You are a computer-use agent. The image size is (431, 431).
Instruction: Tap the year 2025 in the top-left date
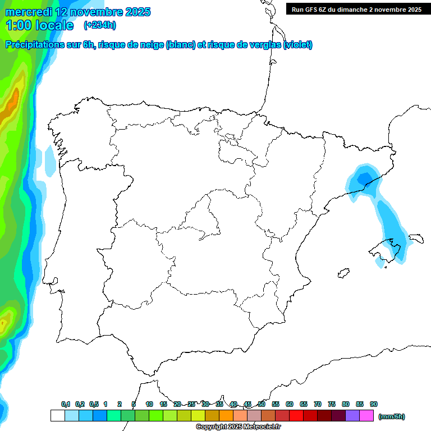click(135, 12)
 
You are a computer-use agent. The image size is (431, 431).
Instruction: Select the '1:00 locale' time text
click(39, 25)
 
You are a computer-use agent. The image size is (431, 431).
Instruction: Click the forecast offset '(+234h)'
click(100, 25)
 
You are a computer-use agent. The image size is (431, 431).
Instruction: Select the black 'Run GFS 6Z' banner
click(356, 10)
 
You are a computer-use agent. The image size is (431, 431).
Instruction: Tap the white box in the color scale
click(57, 416)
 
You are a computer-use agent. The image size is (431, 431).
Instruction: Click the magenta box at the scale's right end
click(366, 416)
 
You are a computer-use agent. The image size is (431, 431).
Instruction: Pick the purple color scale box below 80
click(352, 416)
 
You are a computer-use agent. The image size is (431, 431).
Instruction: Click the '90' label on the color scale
click(374, 404)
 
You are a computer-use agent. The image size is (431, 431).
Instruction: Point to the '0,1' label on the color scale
click(66, 404)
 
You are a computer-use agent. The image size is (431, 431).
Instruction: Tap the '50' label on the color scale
click(262, 404)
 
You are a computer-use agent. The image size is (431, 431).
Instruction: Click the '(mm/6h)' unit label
click(392, 416)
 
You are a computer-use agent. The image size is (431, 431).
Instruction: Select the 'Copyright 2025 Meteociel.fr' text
click(238, 427)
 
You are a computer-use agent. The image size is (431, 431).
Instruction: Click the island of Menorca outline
click(416, 239)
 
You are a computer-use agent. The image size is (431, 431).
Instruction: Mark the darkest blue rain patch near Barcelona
click(364, 178)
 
